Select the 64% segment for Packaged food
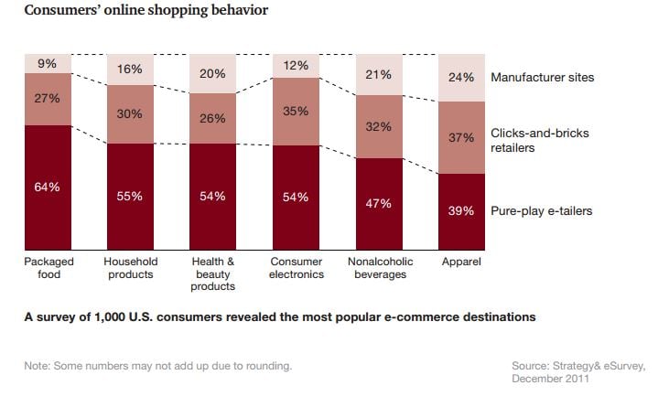[48, 187]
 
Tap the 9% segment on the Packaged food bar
[48, 65]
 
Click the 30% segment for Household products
[131, 114]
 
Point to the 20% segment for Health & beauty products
[213, 74]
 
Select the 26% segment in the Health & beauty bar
[213, 119]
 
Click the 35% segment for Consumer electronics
[297, 112]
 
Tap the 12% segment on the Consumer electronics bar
[297, 67]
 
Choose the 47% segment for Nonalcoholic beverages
[379, 203]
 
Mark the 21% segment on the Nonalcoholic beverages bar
[379, 75]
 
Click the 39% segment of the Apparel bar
[461, 211]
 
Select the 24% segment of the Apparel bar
[461, 78]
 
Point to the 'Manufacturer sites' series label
[542, 77]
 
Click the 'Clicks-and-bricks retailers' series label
[540, 140]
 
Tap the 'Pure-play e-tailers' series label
[541, 211]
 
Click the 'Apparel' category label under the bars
[461, 262]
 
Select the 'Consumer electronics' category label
[297, 267]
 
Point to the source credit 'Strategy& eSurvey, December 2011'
[577, 372]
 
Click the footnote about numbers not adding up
[158, 366]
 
